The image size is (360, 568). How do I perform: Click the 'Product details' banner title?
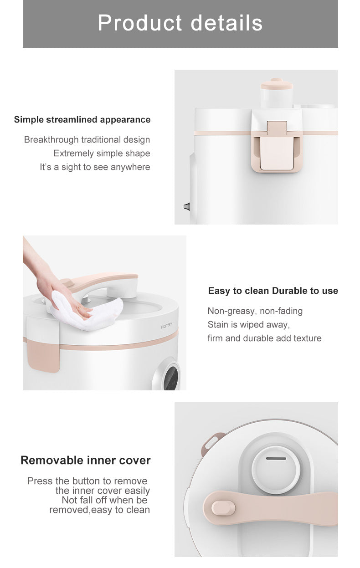point(180,23)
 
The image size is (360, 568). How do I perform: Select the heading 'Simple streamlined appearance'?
point(82,119)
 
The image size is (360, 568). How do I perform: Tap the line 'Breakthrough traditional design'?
point(87,140)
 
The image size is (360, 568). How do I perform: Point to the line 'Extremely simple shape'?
point(102,154)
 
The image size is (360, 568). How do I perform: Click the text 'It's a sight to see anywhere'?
point(95,167)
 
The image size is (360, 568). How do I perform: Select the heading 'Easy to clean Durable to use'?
point(273,291)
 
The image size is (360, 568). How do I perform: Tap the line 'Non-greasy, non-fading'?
point(255,311)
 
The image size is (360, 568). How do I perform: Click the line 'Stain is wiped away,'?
point(249,325)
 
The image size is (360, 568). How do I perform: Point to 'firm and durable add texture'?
point(265,338)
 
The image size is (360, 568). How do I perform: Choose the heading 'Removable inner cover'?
point(86,460)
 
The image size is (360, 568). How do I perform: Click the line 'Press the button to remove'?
point(87,481)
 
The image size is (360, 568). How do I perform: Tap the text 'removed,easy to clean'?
point(100,510)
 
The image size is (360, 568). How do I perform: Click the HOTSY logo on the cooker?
point(166,325)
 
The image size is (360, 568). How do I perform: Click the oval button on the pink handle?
point(223,508)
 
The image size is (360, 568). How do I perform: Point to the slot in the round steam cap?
point(276,459)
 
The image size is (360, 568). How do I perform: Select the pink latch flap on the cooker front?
point(277,147)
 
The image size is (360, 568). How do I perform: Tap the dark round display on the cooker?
point(171,377)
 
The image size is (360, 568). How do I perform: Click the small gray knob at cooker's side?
point(187,206)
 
